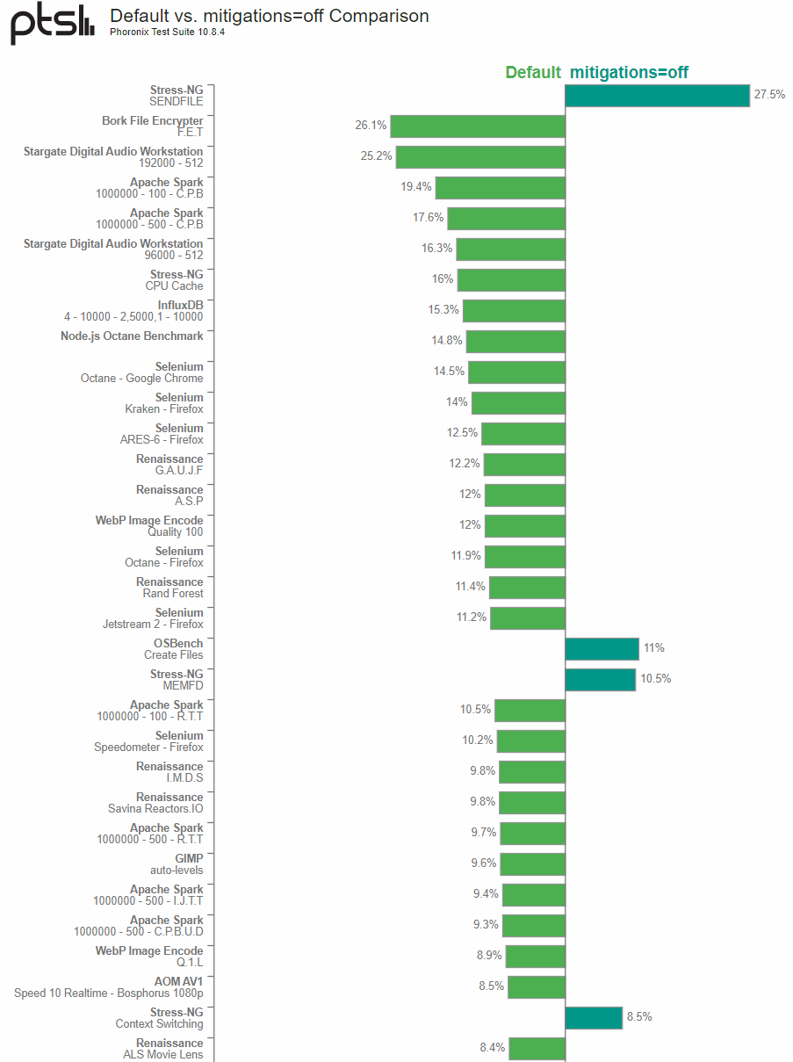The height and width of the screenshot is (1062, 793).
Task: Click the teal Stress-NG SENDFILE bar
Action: point(657,96)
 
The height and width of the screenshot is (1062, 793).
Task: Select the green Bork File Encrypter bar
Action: point(478,126)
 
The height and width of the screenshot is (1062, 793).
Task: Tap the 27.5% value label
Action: point(769,95)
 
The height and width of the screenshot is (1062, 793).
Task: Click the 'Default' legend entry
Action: point(532,73)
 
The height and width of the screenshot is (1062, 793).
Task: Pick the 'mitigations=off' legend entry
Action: point(629,73)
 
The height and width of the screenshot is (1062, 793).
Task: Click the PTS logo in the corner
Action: point(52,24)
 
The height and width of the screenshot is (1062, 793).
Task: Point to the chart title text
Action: point(269,16)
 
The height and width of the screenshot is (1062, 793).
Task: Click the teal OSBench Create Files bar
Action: point(602,649)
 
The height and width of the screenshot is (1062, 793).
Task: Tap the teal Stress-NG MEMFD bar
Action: point(600,680)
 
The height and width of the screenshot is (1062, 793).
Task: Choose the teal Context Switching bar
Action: point(594,1018)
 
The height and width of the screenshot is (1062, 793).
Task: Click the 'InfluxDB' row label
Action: point(180,305)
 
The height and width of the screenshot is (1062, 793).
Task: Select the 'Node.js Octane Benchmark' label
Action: point(132,336)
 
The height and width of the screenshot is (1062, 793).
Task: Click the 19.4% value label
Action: point(416,187)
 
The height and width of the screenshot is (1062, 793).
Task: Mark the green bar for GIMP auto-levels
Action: point(533,864)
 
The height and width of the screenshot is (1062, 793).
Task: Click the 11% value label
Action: point(654,648)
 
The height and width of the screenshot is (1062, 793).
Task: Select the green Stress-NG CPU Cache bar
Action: point(511,280)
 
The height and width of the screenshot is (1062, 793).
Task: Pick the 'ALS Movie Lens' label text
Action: point(162,1054)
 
